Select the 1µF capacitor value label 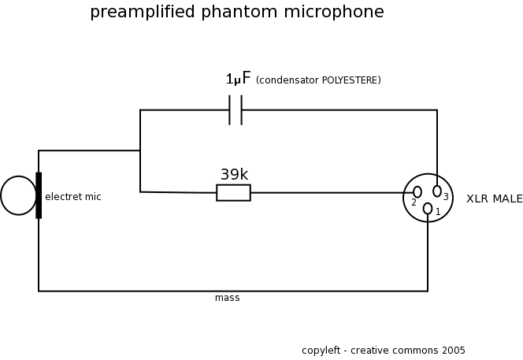pyautogui.click(x=238, y=79)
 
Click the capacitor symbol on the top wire pyautogui.click(x=236, y=110)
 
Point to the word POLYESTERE pyautogui.click(x=351, y=80)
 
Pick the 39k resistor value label pyautogui.click(x=234, y=174)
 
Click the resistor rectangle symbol pyautogui.click(x=233, y=192)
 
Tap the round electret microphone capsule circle pyautogui.click(x=18, y=195)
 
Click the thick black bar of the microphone pyautogui.click(x=39, y=195)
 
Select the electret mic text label pyautogui.click(x=72, y=197)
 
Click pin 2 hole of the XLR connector pyautogui.click(x=417, y=192)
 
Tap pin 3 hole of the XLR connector pyautogui.click(x=437, y=191)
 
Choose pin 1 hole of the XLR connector pyautogui.click(x=428, y=209)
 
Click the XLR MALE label pyautogui.click(x=494, y=199)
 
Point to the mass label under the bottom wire pyautogui.click(x=227, y=298)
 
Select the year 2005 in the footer pyautogui.click(x=454, y=351)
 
